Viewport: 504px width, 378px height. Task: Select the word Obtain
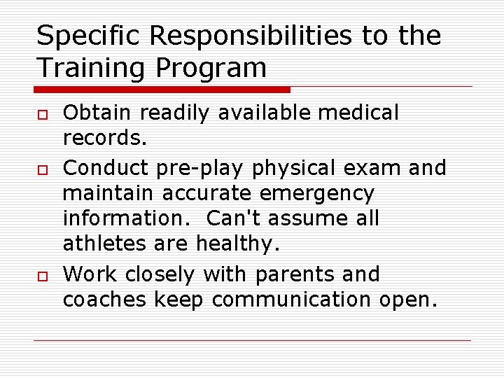pyautogui.click(x=99, y=113)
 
